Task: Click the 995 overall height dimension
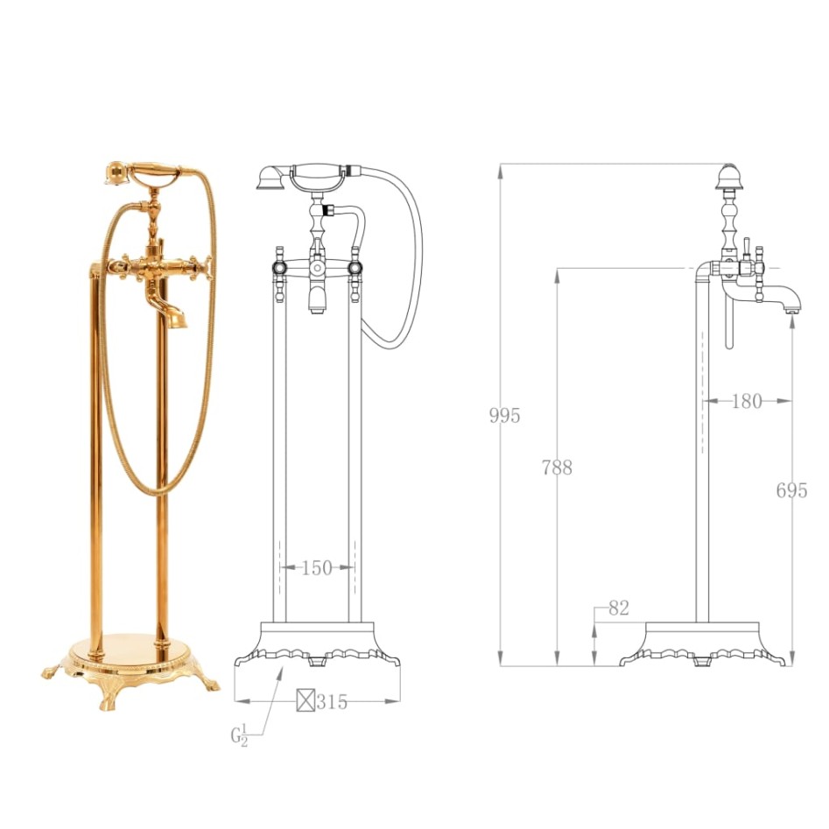(504, 415)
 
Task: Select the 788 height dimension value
(557, 467)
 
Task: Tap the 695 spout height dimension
(791, 490)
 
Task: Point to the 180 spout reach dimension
(746, 401)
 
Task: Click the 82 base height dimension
(618, 608)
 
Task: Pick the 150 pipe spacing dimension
(316, 567)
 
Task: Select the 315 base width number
(332, 701)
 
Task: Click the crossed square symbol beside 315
(305, 701)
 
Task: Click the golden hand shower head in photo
(115, 174)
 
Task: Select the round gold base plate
(130, 652)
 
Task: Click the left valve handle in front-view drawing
(279, 264)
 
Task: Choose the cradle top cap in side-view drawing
(726, 178)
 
